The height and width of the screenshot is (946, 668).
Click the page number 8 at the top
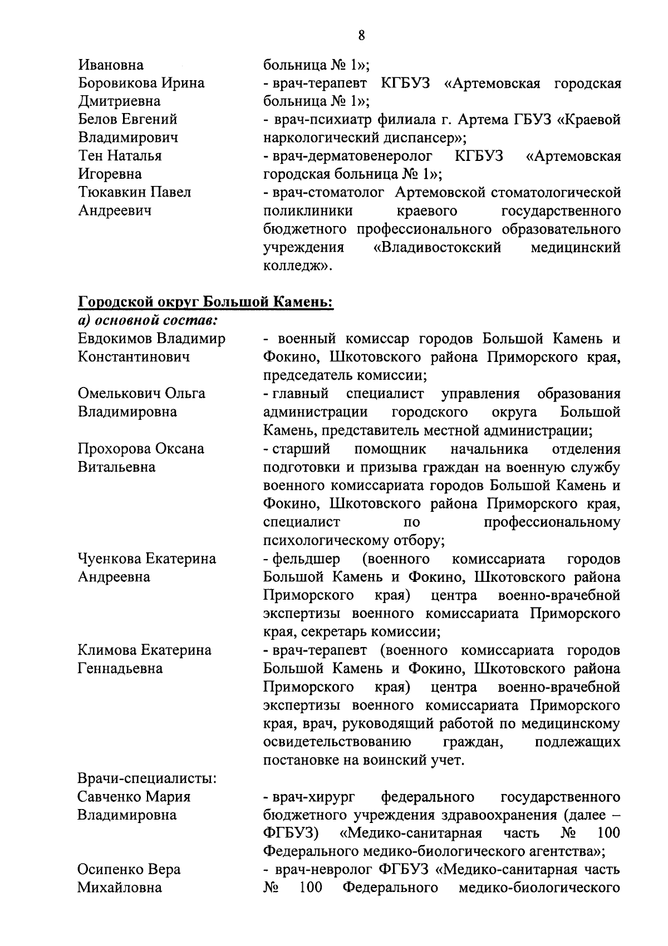(x=362, y=36)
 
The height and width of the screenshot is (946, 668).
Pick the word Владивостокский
(x=437, y=248)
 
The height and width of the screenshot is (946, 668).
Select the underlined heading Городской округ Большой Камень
(x=205, y=302)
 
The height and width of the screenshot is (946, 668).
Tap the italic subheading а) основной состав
(x=148, y=321)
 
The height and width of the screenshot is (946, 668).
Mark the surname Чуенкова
(x=111, y=558)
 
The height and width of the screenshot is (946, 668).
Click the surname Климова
(x=108, y=650)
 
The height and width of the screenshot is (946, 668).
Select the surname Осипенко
(x=110, y=870)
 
